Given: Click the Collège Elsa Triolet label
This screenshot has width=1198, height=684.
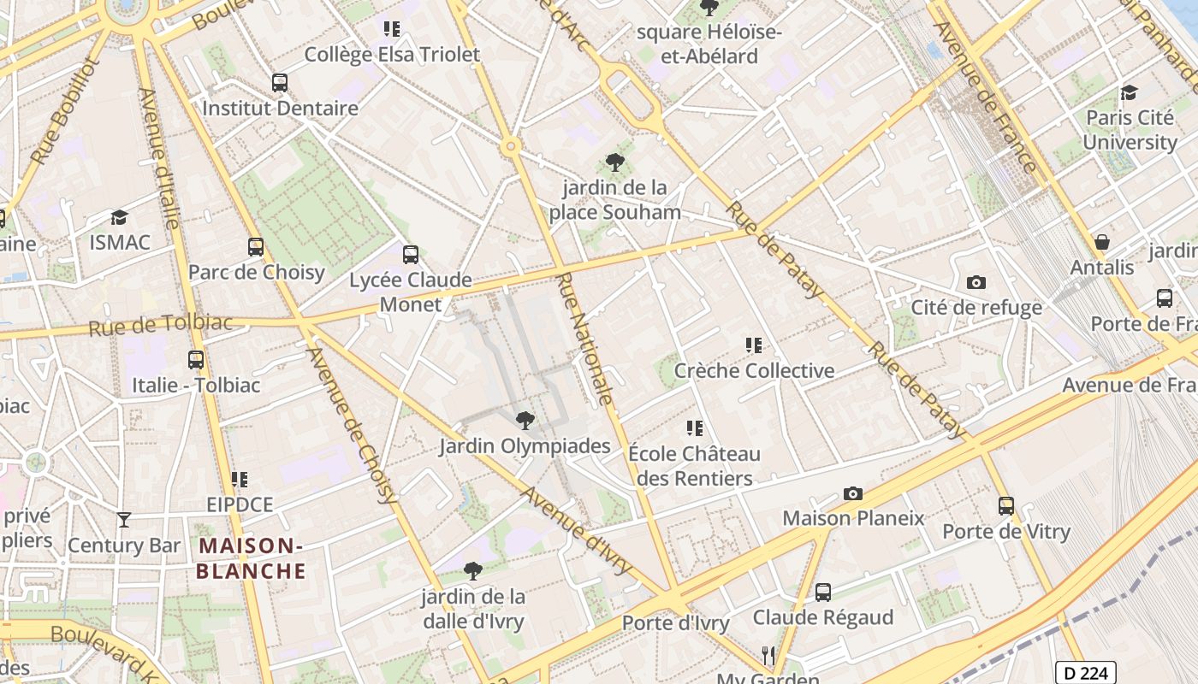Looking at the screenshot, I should tap(393, 55).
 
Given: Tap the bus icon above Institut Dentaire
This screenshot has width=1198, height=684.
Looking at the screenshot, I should tap(280, 83).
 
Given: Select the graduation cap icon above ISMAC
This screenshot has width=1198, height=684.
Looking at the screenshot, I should tap(119, 218).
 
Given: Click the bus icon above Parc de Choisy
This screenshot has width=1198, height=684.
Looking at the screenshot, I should tap(256, 247).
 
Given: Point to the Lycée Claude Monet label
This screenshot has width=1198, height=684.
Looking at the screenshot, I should tap(411, 292).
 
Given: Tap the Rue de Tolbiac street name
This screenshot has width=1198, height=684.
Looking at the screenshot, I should tap(161, 325).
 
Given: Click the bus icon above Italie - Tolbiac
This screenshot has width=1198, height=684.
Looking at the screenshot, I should tap(196, 360).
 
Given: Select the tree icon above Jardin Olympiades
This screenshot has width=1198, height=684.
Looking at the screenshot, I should tap(525, 421).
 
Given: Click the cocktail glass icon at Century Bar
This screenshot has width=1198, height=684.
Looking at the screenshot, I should tap(124, 520).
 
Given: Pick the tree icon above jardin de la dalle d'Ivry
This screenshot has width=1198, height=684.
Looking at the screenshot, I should tap(472, 571).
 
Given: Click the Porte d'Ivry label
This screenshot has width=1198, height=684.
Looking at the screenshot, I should tap(675, 623).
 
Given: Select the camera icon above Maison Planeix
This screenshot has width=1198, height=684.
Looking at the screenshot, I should tap(852, 493).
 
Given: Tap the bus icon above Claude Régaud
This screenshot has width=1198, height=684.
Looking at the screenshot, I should tap(822, 592).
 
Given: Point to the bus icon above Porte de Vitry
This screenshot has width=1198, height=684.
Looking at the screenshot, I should tap(1005, 506).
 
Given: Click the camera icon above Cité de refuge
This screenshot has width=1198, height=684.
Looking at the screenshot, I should tap(976, 282).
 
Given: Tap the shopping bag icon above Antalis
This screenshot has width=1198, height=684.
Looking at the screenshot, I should tap(1102, 242).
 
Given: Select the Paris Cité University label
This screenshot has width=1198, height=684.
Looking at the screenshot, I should tap(1130, 129).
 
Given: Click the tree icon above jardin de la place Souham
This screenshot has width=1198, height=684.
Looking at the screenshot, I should tap(614, 162).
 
